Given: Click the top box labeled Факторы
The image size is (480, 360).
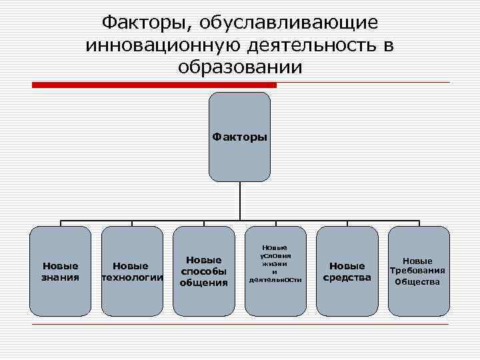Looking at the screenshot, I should (240, 137).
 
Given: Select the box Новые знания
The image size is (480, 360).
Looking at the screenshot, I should (61, 271).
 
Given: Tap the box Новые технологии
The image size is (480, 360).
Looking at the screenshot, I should (131, 271).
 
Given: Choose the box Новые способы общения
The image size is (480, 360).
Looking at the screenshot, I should (203, 271).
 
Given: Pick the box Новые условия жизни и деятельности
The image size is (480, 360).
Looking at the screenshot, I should (275, 271).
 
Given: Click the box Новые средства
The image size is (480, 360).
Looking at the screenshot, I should (347, 271).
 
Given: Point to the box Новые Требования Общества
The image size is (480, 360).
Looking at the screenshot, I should (418, 271).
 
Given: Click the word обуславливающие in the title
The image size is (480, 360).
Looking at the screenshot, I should (287, 23).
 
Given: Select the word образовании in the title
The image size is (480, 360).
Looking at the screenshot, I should (240, 67).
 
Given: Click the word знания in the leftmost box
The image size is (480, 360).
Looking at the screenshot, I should (61, 277).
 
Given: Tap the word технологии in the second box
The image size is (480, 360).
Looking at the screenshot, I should (132, 277).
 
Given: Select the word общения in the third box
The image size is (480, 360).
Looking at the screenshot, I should (203, 283).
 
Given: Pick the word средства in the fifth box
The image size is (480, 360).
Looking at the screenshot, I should (347, 277).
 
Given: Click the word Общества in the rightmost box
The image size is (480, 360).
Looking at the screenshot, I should (418, 281).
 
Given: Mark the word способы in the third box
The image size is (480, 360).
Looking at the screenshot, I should (203, 271).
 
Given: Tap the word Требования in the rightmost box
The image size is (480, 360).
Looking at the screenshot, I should (418, 271).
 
